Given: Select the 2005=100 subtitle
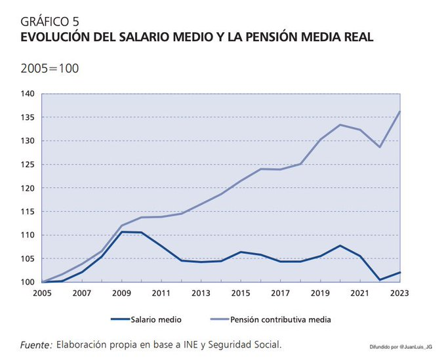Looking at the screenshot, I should tap(50, 68).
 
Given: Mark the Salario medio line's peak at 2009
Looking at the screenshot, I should tap(121, 232).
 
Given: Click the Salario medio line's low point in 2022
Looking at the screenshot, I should tap(380, 280).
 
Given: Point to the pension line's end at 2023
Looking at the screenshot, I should tap(400, 111).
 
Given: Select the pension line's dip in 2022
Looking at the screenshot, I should tap(380, 147).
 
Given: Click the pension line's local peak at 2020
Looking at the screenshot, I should tap(340, 125).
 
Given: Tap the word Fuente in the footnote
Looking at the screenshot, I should tap(36, 344).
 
